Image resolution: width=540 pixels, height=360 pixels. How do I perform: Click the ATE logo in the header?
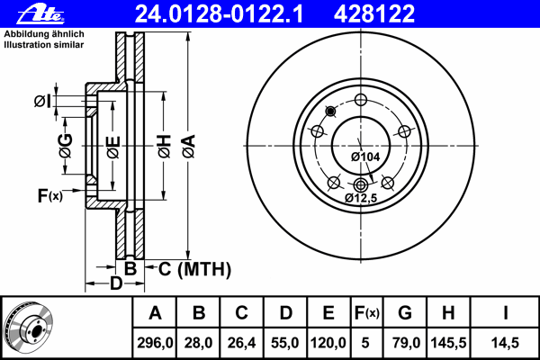click(x=40, y=14)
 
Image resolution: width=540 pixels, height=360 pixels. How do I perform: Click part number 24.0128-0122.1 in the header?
click(x=219, y=14)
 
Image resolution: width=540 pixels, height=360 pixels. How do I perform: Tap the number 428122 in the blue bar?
click(x=374, y=14)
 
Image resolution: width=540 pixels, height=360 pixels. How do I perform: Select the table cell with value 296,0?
click(x=155, y=343)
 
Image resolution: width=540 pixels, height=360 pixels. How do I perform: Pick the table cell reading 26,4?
click(x=241, y=343)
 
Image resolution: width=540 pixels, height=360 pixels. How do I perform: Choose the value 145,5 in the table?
click(x=448, y=343)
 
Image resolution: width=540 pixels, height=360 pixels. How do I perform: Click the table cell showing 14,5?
click(x=505, y=343)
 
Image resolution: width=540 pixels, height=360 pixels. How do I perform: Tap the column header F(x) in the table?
click(x=367, y=313)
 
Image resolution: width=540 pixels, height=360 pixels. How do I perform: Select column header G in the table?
click(x=405, y=313)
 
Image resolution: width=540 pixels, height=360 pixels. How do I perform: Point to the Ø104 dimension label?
click(x=365, y=157)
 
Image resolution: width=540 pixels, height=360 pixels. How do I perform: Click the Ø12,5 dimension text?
click(x=361, y=198)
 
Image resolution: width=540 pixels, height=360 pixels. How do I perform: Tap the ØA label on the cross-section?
click(x=189, y=146)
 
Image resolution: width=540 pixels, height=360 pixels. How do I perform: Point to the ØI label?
click(x=42, y=102)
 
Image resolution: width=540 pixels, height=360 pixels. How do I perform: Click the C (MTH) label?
click(x=195, y=269)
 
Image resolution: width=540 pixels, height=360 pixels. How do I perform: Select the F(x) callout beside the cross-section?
click(x=50, y=195)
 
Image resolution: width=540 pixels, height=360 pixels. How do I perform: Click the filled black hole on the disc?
click(x=330, y=111)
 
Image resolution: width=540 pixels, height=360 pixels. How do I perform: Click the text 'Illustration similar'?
click(x=44, y=45)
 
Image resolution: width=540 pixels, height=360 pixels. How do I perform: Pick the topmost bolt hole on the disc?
click(x=361, y=100)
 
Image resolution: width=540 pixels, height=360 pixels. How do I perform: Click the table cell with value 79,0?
click(x=405, y=343)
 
